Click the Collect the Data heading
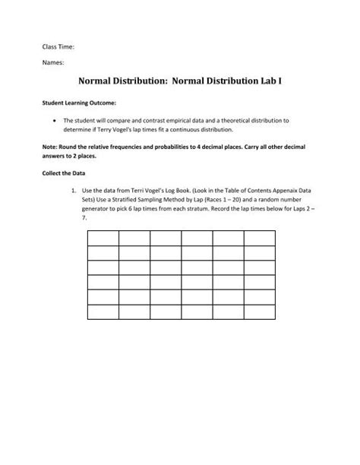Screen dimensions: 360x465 [x=62, y=172]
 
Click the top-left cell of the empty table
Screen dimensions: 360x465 [x=103, y=239]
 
